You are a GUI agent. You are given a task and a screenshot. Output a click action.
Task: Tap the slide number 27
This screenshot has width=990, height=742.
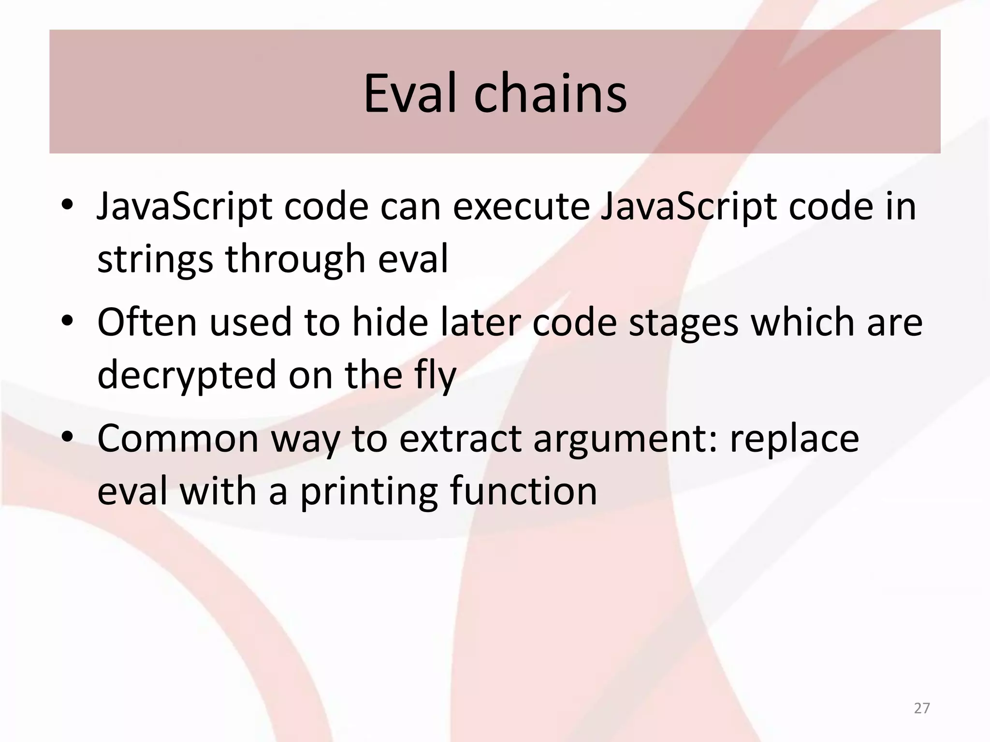(922, 708)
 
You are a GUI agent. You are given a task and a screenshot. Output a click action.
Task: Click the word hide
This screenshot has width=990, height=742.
(390, 322)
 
